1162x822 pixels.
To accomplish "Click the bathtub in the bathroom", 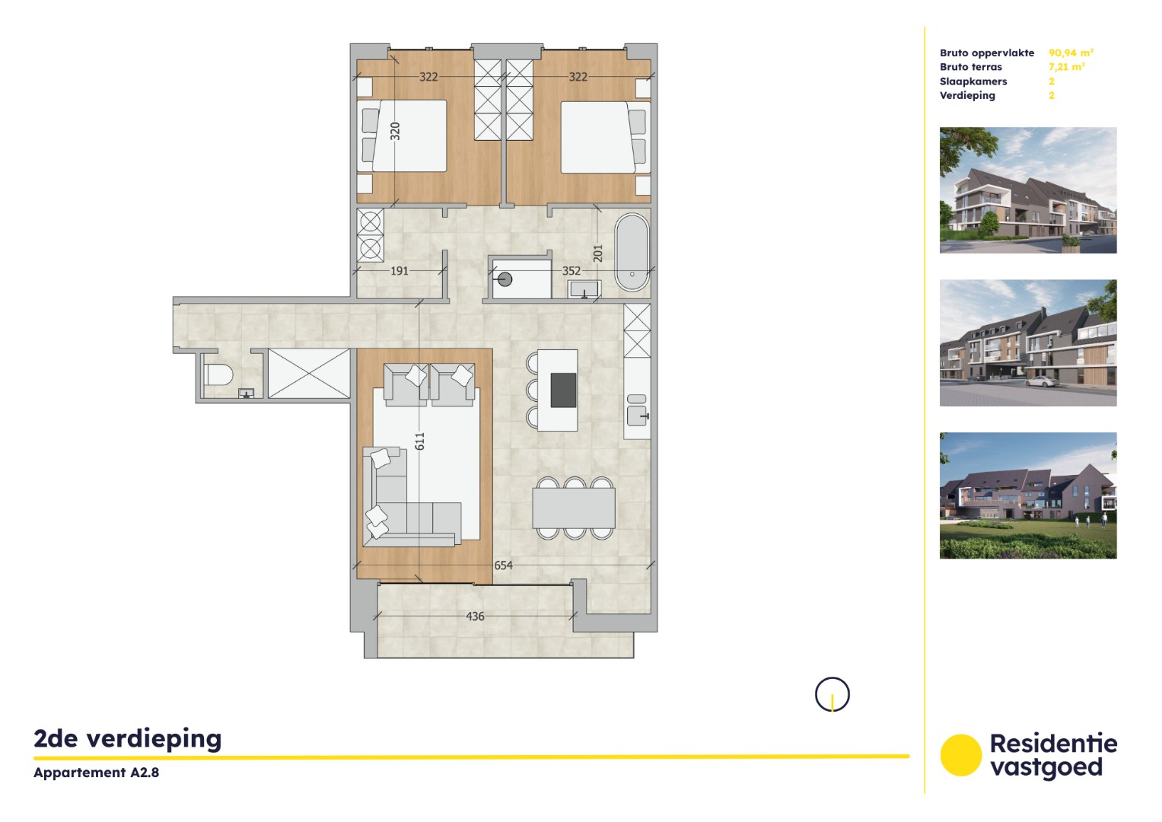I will coord(632,252).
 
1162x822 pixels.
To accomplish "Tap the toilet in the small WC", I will coord(218,375).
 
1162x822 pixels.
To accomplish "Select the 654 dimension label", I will coord(503,566).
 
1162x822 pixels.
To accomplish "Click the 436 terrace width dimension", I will coord(475,616).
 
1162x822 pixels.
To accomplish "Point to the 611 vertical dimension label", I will coord(419,441).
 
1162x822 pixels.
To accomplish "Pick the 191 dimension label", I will coord(400,270).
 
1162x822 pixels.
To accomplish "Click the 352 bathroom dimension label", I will coord(571,270).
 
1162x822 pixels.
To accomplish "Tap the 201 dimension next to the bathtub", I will coord(597,253).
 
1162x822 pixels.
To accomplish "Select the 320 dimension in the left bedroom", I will coord(395,131).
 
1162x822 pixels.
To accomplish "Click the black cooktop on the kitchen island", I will coord(563,390).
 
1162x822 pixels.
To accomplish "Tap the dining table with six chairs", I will coord(573,508).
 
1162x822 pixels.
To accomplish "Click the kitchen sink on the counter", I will coord(637,416).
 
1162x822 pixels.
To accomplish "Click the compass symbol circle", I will coord(832,694).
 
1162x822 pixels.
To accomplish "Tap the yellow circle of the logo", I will coord(960,755).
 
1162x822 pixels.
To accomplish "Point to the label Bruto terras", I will coord(970,67).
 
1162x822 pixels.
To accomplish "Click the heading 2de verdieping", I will coord(128,738).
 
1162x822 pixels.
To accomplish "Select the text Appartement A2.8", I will coord(96,773).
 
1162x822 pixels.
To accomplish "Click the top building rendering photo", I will coord(1027,190).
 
